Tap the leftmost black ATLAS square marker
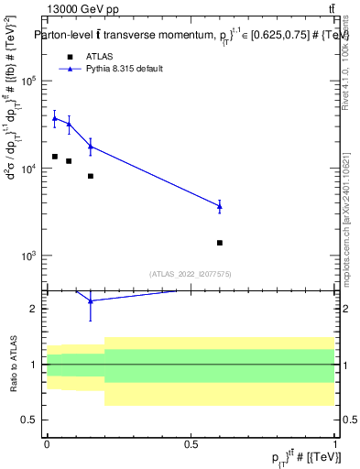tap(55, 157)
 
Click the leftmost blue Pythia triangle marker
tap(55, 118)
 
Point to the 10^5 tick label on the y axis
tap(27, 82)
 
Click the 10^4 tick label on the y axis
tap(27, 169)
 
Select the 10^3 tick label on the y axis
tap(27, 256)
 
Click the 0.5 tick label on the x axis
tap(191, 442)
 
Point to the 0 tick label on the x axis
tap(48, 442)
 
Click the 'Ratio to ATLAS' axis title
tap(12, 365)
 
